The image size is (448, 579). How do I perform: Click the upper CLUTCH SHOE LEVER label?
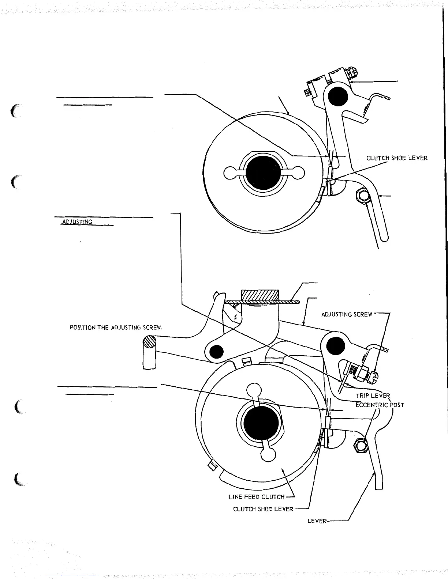coord(397,158)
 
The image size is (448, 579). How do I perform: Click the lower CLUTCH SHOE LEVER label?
coord(263,509)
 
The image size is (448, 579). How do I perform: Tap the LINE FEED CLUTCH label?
coord(256,497)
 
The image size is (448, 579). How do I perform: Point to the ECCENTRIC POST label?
coord(380,405)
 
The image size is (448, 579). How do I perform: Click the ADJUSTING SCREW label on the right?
coord(347,314)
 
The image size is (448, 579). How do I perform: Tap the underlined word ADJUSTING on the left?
coord(77,222)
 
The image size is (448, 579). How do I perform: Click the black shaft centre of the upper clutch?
coord(263,173)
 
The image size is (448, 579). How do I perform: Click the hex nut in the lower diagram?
coord(360,446)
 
